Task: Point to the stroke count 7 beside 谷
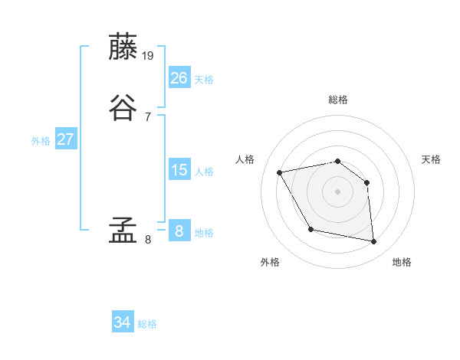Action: click(x=148, y=116)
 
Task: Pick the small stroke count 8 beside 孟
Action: click(x=148, y=239)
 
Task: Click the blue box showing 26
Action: click(x=179, y=77)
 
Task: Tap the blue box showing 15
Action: click(x=179, y=170)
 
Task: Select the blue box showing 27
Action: click(x=66, y=139)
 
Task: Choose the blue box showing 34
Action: click(x=123, y=323)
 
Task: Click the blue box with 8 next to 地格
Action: click(x=179, y=231)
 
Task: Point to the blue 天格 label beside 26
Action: click(x=204, y=80)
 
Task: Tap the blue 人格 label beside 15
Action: click(x=204, y=172)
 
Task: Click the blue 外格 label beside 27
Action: click(x=41, y=141)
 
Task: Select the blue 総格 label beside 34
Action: click(x=147, y=325)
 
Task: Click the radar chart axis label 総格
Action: click(x=338, y=100)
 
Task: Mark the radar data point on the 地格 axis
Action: click(x=374, y=242)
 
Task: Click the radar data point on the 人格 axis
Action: click(x=280, y=172)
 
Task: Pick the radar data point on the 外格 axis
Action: click(x=310, y=229)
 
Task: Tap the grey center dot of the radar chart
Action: click(x=338, y=191)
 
